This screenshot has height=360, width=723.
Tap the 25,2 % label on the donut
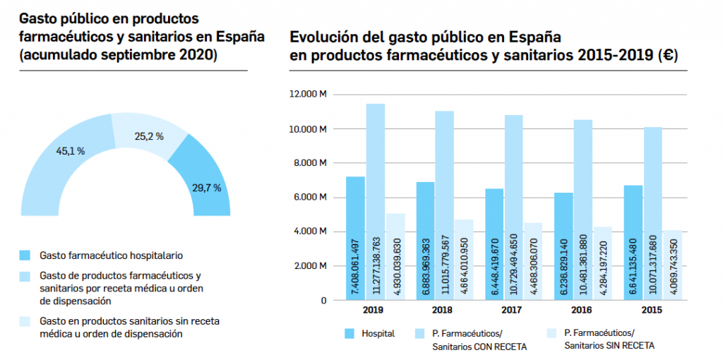point(149,136)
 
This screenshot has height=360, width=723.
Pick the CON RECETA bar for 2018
point(444,205)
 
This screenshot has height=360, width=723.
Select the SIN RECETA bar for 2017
point(532,261)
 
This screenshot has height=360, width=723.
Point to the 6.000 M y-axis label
point(310,198)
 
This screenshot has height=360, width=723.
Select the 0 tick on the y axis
point(323,300)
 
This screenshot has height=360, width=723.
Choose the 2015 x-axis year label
point(652,309)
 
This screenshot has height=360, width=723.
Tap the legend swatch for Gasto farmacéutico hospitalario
point(25,255)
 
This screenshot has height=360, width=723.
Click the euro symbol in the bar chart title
point(666,56)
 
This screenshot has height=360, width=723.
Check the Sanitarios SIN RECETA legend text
point(609,345)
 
